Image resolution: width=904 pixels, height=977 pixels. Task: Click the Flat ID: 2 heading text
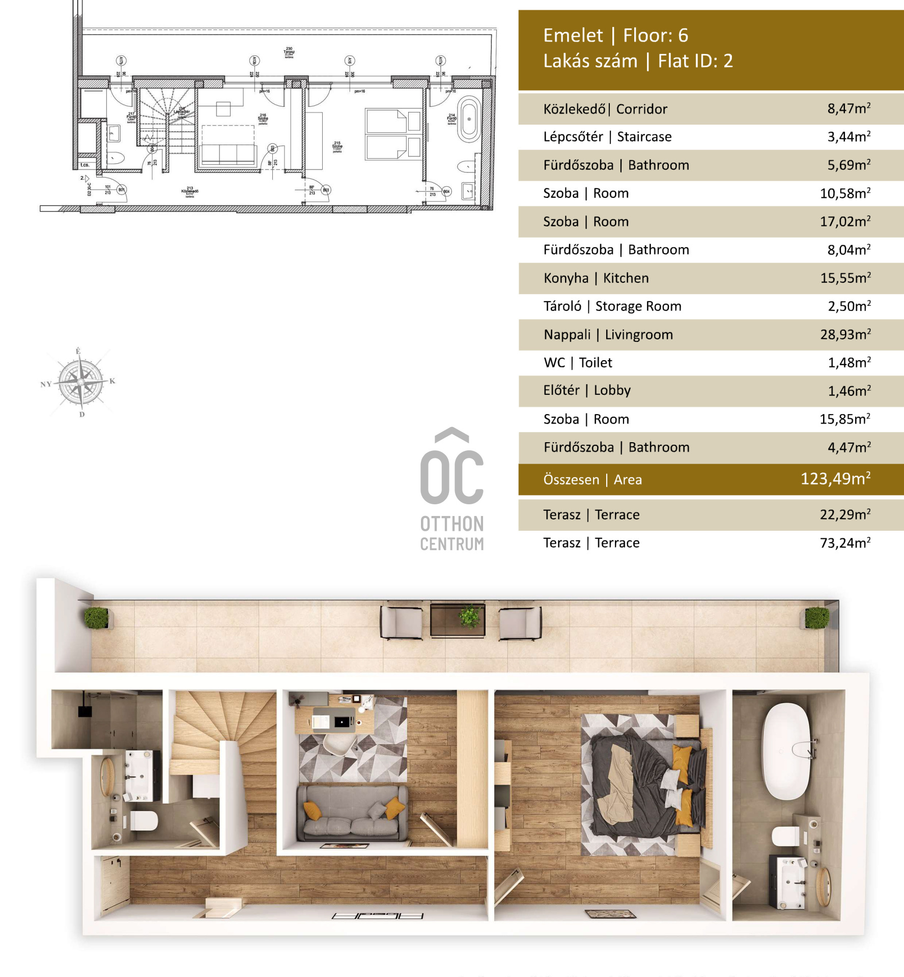695,61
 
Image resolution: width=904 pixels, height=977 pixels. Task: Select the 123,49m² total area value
835,479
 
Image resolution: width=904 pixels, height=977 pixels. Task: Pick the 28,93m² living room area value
845,334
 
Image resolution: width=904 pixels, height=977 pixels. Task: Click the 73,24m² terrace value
845,543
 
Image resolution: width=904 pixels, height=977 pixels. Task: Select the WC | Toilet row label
578,362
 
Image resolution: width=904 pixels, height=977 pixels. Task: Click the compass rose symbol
80,382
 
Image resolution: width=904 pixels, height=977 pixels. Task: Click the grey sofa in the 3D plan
352,813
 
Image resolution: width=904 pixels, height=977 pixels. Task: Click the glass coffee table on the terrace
457,620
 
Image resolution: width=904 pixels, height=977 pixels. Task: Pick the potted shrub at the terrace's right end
816,618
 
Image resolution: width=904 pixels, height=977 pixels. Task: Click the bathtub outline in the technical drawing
469,121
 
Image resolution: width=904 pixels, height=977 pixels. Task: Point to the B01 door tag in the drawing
121,190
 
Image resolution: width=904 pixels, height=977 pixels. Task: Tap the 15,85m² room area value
845,419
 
